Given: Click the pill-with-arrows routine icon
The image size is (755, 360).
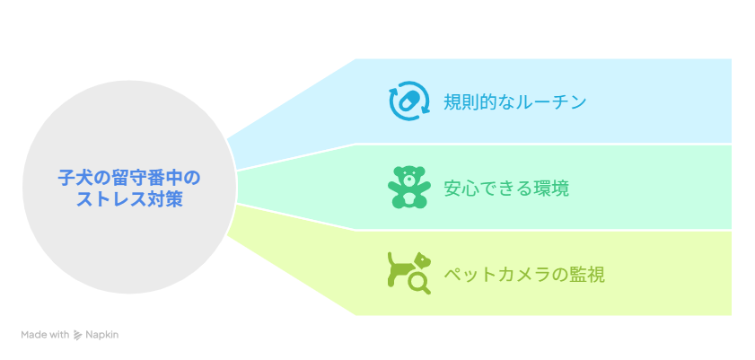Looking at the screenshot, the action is (x=408, y=101).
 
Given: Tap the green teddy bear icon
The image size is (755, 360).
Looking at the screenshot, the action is (x=408, y=188).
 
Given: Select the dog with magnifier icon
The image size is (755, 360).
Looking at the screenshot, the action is (x=409, y=273).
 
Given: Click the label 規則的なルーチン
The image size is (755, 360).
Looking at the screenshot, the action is (x=514, y=102).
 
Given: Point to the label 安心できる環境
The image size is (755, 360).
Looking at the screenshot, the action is (x=506, y=189).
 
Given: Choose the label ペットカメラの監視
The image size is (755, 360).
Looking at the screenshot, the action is (x=524, y=275).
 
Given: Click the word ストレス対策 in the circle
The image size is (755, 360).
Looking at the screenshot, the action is (x=129, y=198).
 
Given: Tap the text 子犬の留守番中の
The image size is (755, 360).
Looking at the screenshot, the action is (x=129, y=177).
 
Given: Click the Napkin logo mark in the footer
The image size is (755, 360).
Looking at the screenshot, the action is (x=77, y=335).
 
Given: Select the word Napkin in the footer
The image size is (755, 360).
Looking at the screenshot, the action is (x=101, y=335).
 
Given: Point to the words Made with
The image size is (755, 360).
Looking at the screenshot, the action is (x=45, y=335).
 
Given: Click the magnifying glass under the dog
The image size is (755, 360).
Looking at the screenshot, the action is (x=419, y=284).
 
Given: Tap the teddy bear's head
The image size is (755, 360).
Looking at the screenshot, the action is (x=408, y=177).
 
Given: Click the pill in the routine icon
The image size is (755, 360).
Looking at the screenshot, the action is (x=408, y=101).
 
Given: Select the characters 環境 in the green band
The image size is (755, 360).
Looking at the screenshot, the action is (x=551, y=189).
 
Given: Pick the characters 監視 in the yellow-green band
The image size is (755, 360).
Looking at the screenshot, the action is (x=587, y=275).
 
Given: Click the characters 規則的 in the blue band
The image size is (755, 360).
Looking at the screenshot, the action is (x=470, y=102).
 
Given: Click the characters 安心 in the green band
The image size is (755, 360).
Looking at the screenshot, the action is (x=461, y=189).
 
